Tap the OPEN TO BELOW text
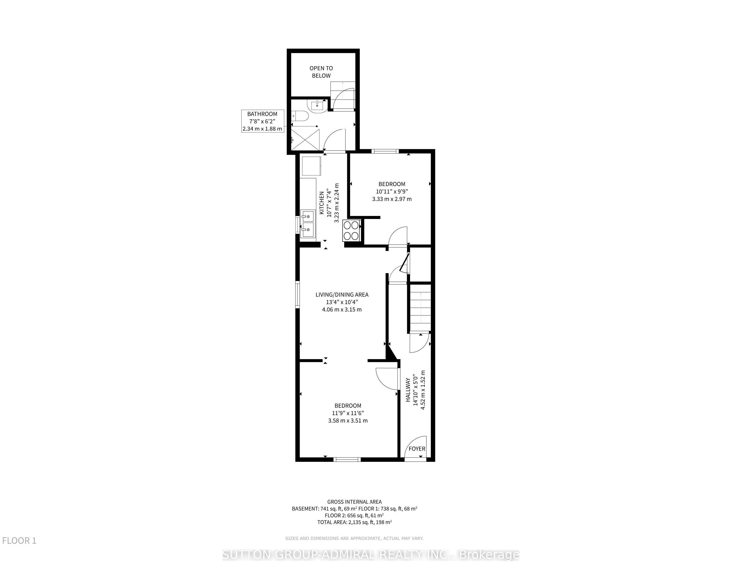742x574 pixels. [321, 72]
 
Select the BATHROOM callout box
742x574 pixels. [262, 121]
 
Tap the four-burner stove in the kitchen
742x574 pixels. [352, 230]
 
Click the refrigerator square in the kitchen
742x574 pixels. [311, 166]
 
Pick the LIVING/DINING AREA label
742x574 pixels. [342, 302]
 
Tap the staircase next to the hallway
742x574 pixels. [421, 308]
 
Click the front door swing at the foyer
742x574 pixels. [415, 447]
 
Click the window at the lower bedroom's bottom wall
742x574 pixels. [347, 460]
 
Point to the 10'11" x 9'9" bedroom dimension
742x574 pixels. [392, 192]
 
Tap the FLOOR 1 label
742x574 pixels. [19, 541]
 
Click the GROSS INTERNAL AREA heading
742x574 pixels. [354, 502]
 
